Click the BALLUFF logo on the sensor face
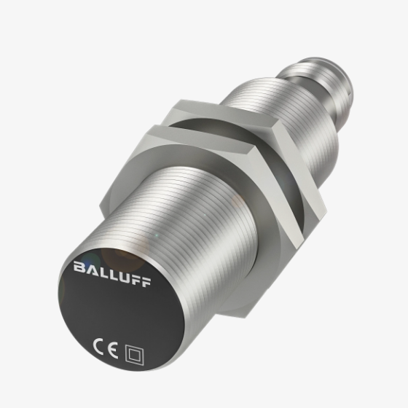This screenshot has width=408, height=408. point(112,274)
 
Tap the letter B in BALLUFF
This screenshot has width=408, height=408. point(79,266)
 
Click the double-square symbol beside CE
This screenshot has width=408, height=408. point(135,353)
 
